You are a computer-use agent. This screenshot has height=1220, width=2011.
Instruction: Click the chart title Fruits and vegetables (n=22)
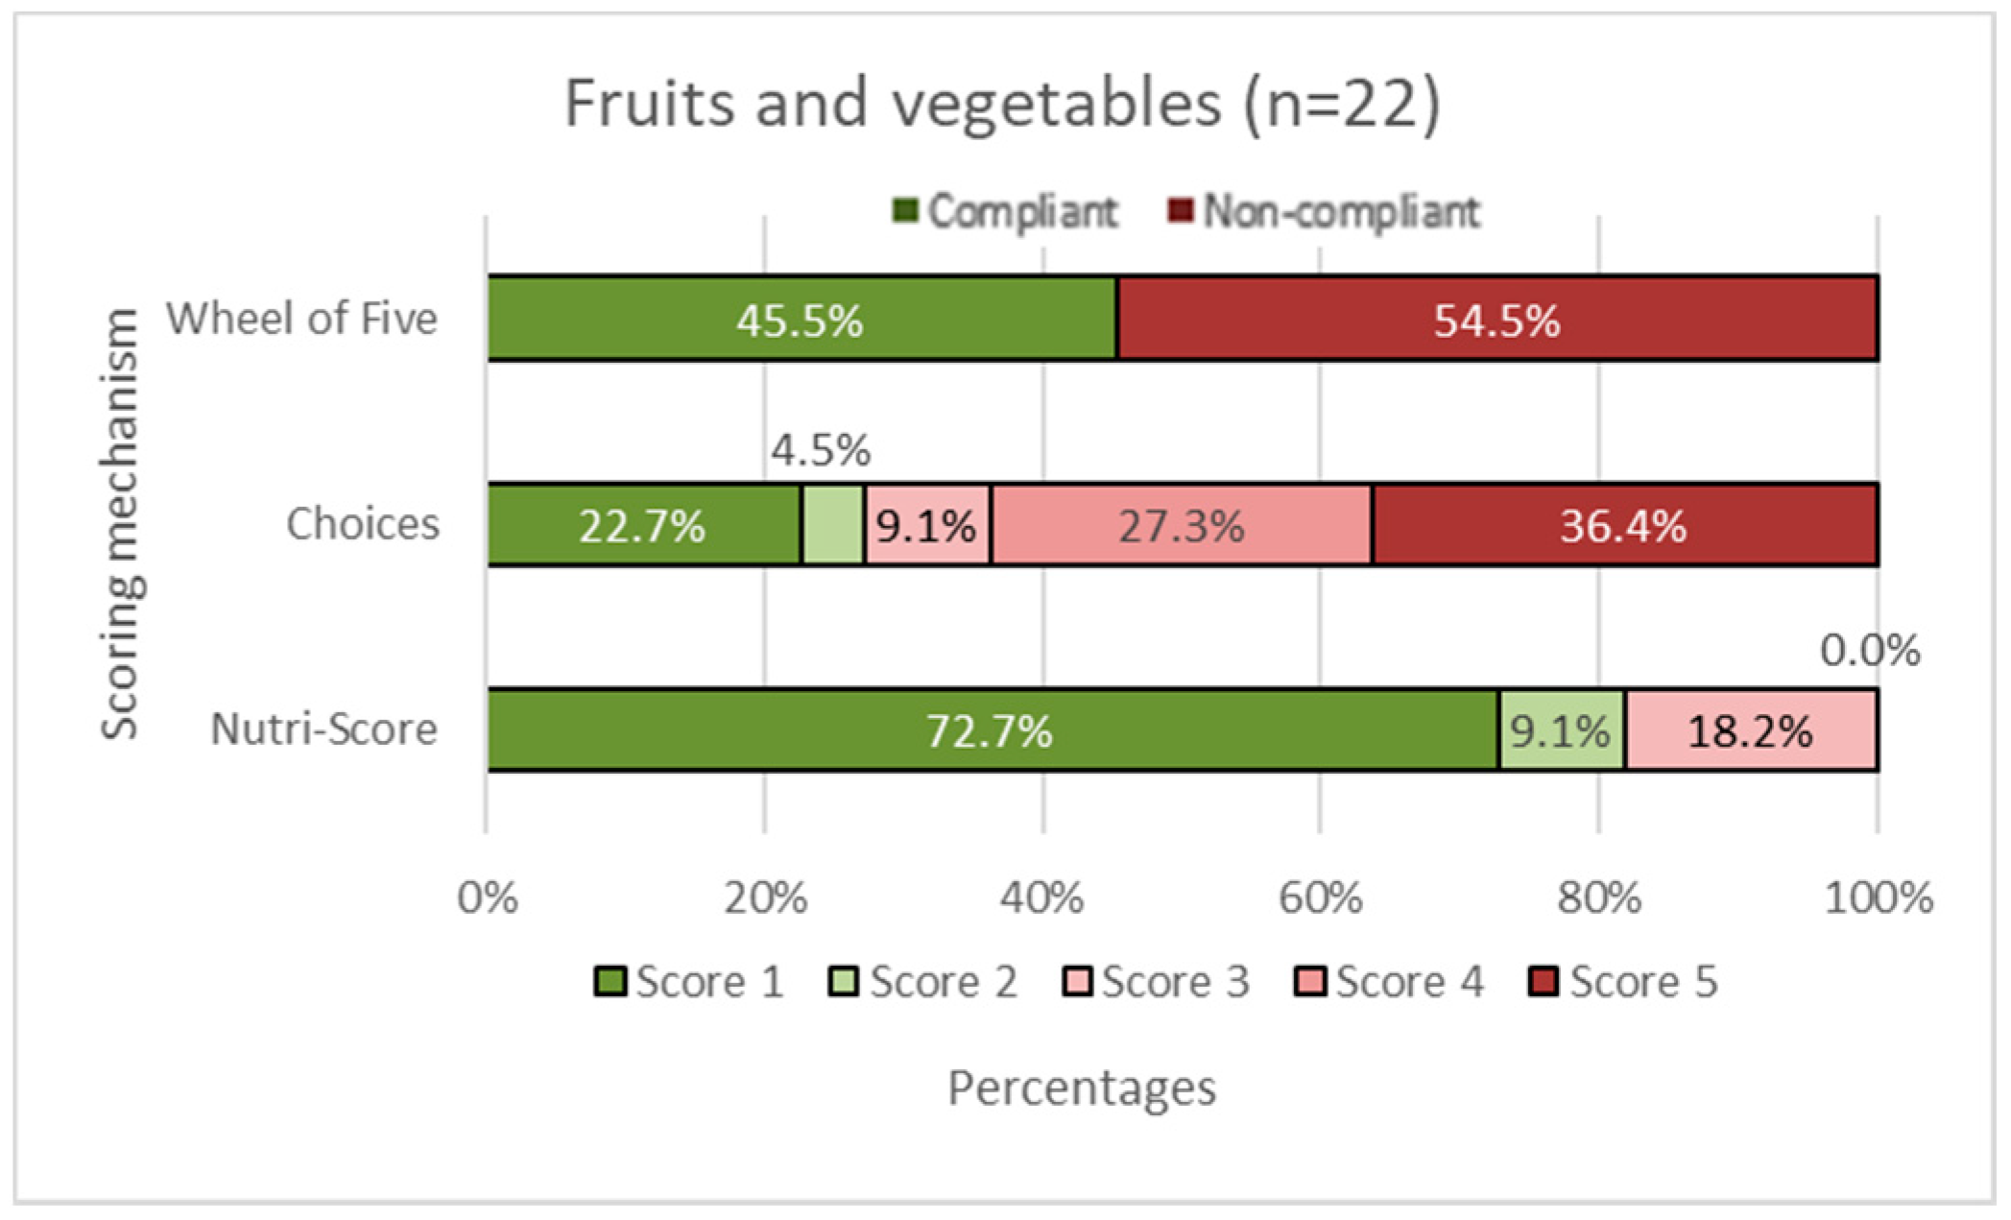pos(1002,103)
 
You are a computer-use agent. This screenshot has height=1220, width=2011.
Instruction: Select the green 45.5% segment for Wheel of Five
pos(802,320)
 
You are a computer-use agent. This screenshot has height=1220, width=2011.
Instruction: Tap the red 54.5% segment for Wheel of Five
pos(1497,320)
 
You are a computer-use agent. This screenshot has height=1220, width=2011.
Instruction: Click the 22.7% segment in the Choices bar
pos(643,526)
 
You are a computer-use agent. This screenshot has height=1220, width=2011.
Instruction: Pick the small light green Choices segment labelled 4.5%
pos(832,526)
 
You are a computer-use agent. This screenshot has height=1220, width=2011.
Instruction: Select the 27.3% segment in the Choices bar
pos(1182,526)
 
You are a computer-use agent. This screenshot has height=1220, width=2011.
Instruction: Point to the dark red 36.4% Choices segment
pos(1624,526)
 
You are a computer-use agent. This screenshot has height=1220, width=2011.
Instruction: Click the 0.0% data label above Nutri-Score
pos(1870,651)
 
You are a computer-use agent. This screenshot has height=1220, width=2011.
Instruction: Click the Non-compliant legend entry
pos(1325,211)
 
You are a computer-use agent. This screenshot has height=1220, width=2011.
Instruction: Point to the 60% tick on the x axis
pos(1320,898)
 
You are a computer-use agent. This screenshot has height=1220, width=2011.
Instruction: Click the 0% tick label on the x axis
pos(488,898)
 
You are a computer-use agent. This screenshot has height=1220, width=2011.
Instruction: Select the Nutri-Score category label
pos(323,730)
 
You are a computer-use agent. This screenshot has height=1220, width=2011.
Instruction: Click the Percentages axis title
pos(1082,1088)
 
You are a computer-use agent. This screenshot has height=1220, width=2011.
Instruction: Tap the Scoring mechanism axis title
pos(122,523)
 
